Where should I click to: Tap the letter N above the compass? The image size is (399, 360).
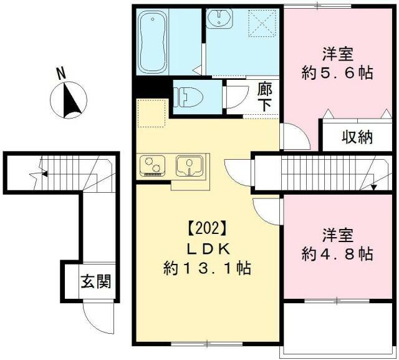(62, 73)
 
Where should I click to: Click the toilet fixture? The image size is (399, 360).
(187, 97)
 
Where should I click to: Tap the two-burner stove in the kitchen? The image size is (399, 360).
(152, 165)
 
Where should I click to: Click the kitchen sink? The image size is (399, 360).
(188, 165)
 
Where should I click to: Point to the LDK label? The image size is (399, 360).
(206, 248)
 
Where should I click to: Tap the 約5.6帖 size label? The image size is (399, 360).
(337, 72)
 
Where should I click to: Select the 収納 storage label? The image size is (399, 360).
(356, 137)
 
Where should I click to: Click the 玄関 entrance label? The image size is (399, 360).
(95, 282)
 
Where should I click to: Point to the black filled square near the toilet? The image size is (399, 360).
(149, 88)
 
